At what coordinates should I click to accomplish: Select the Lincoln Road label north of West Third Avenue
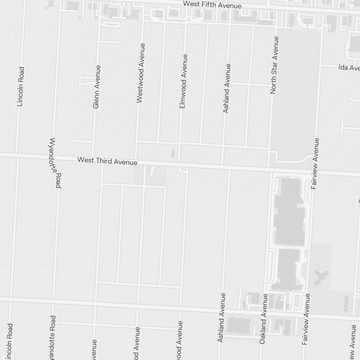point(21,86)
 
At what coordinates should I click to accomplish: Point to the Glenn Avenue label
point(96,87)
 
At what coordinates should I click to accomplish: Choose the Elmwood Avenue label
point(183,81)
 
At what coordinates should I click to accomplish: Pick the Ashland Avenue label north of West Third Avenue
point(226,88)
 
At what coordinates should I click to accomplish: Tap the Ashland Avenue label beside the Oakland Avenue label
point(221,318)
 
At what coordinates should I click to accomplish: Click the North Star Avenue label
point(274,65)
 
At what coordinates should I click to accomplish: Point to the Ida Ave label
point(349,67)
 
